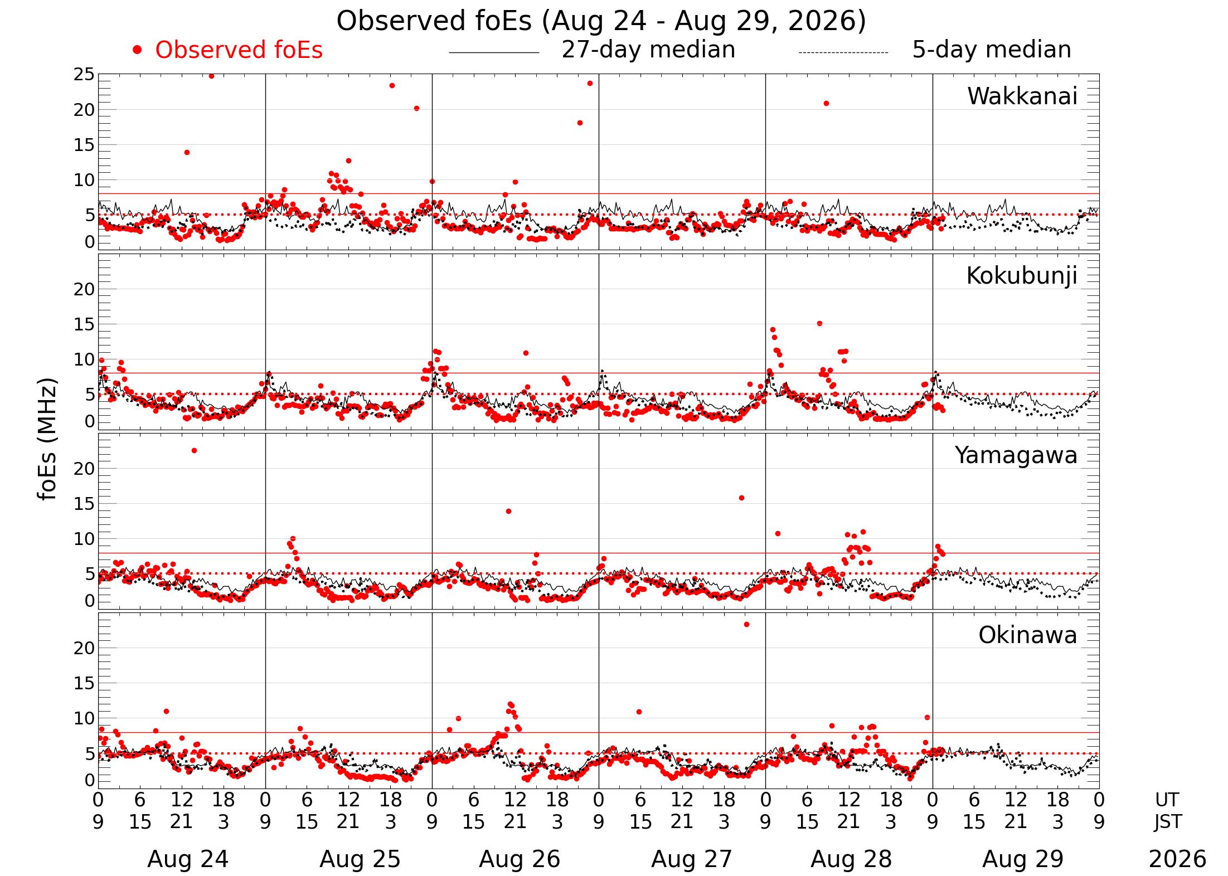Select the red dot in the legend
point(137,50)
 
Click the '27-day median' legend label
point(648,50)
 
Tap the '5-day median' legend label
point(992,50)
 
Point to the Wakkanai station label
point(1022,96)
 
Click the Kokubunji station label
point(1022,276)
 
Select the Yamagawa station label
point(1016,456)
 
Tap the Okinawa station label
point(1028,635)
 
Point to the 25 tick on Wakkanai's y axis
point(84,75)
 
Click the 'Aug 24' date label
point(188,859)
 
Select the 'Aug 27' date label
point(692,859)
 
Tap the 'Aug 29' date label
point(1023,859)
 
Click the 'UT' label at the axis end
point(1167,800)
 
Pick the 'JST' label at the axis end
point(1167,821)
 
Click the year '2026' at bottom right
point(1178,859)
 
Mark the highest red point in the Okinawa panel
point(746,624)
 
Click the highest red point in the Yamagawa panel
point(194,450)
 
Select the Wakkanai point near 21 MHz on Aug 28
point(826,103)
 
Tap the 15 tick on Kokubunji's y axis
point(84,324)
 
